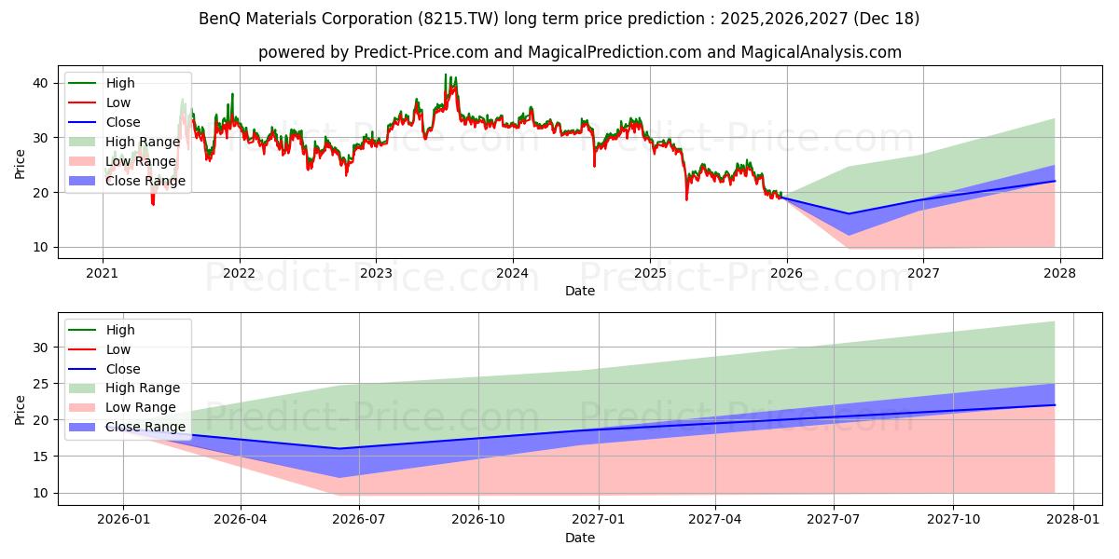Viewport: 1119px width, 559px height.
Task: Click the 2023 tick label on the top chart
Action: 376,274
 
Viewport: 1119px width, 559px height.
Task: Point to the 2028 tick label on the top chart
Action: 1060,274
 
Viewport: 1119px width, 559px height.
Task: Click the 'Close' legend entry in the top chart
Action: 123,122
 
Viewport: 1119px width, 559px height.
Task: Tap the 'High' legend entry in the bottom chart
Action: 120,330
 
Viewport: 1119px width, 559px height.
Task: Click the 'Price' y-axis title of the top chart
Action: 21,163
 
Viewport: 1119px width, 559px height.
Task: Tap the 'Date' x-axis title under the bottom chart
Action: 580,539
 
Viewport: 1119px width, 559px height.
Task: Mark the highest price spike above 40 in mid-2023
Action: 446,75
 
